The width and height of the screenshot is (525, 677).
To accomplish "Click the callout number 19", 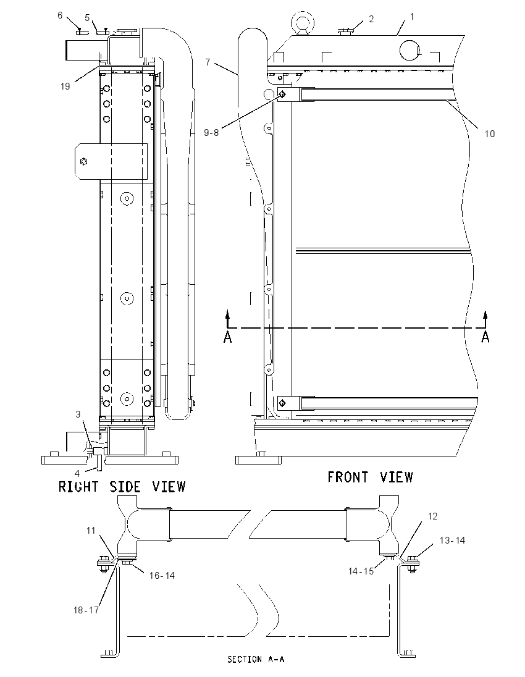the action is tap(65, 86).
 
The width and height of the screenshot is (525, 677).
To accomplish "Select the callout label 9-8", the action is tap(211, 133).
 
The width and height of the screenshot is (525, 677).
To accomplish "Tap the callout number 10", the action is tap(489, 134).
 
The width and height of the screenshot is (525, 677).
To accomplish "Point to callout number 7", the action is tap(208, 62).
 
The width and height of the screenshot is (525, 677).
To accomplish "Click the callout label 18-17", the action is tap(86, 610).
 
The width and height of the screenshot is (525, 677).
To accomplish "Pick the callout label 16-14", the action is tap(162, 576).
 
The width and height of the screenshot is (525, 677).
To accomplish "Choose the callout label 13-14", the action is tap(453, 540).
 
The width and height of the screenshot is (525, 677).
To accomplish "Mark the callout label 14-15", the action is tap(361, 571).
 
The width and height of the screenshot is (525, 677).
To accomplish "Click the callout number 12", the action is tap(432, 516).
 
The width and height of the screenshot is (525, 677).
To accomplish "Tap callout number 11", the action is tap(91, 530).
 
